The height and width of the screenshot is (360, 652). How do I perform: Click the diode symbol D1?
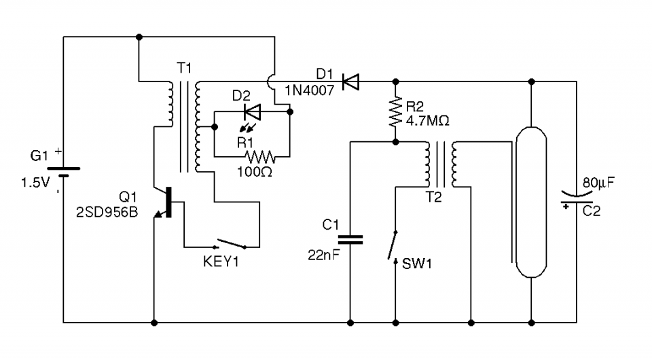click(x=350, y=82)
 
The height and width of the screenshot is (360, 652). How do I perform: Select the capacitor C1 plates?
click(x=350, y=239)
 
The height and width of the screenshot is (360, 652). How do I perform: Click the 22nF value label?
click(x=322, y=255)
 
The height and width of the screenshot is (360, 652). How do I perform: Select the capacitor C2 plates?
click(x=575, y=198)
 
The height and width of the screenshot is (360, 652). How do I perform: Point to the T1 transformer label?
click(x=184, y=67)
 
